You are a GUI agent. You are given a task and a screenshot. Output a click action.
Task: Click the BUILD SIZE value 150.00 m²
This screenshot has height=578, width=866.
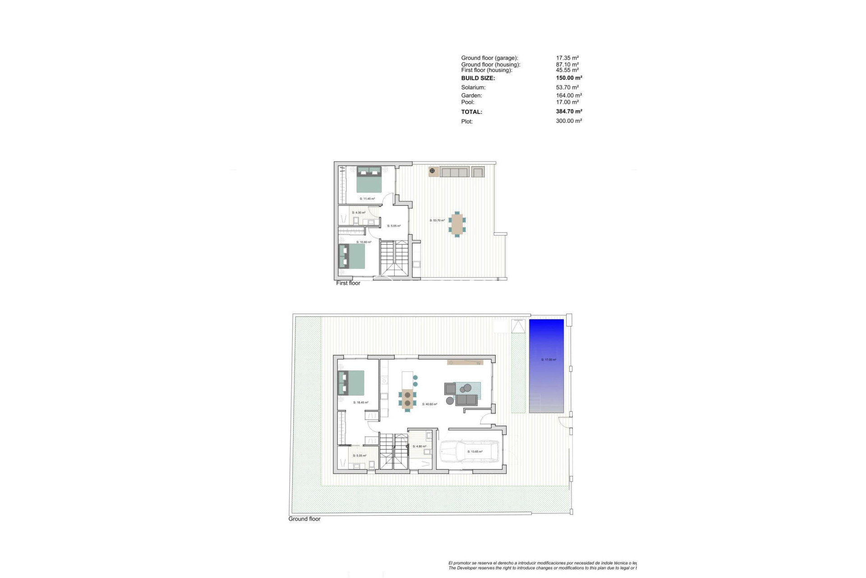click(x=569, y=78)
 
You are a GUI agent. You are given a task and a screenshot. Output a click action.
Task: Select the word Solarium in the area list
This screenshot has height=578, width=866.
click(x=473, y=88)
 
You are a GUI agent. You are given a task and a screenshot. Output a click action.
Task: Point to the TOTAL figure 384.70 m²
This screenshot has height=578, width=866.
click(x=569, y=112)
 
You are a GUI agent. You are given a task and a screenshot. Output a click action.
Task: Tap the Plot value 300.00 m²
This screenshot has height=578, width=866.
click(x=569, y=121)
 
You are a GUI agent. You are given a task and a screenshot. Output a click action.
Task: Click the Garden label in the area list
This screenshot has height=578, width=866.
click(x=471, y=96)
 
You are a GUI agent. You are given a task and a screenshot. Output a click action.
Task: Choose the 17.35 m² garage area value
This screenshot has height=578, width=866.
click(x=567, y=58)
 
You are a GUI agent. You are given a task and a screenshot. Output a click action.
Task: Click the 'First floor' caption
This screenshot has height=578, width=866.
click(x=348, y=283)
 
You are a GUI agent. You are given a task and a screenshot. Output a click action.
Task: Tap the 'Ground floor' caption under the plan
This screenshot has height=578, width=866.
click(x=304, y=519)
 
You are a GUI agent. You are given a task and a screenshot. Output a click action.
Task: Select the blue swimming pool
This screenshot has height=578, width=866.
click(x=546, y=366)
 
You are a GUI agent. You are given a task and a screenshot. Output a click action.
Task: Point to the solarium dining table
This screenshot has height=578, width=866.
click(x=457, y=224)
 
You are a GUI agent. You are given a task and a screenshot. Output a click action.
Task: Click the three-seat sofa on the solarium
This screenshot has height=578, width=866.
click(x=455, y=172)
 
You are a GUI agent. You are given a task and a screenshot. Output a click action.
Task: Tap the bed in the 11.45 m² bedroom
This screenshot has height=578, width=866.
click(x=369, y=180)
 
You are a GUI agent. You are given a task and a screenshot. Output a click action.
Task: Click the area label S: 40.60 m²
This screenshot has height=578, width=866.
click(x=430, y=404)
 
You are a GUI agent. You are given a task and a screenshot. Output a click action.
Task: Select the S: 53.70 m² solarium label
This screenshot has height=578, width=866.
click(x=437, y=220)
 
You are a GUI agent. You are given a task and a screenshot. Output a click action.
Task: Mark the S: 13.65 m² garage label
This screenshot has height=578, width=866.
click(x=475, y=452)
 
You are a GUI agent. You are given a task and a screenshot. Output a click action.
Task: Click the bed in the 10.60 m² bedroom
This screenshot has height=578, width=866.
click(x=352, y=256)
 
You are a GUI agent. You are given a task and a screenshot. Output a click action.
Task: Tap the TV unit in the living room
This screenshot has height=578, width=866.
click(x=465, y=362)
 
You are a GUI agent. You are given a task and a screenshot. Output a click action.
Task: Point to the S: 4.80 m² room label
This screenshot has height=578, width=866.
click(x=419, y=447)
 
